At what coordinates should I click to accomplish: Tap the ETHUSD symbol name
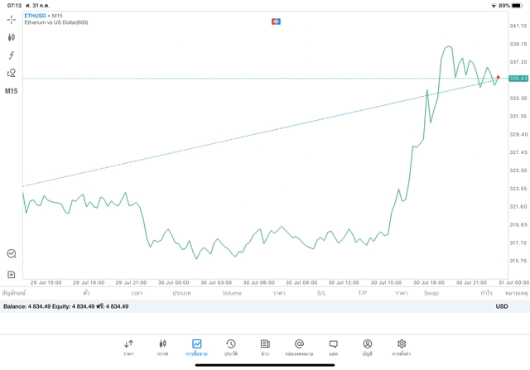pos(35,16)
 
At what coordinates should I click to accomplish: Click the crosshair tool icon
pos(12,19)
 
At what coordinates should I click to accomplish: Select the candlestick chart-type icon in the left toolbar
pos(12,37)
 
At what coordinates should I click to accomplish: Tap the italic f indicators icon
pos(12,55)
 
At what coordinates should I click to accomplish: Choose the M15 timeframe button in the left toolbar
pos(12,91)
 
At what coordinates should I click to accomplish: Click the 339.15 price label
pos(518,44)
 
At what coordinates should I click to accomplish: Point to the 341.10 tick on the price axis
pos(518,26)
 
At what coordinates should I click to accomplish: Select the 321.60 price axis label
pos(518,207)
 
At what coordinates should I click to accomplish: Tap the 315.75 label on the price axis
pos(518,261)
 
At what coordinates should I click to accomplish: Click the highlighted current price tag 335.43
pos(519,79)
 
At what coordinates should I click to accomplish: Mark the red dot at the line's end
pos(498,78)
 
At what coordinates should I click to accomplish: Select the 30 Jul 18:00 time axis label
pos(430,282)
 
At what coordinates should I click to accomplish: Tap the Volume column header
pos(232,293)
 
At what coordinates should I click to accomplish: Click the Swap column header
pos(431,293)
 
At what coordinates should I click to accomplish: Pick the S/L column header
pos(321,293)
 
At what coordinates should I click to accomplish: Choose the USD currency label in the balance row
pos(502,306)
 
